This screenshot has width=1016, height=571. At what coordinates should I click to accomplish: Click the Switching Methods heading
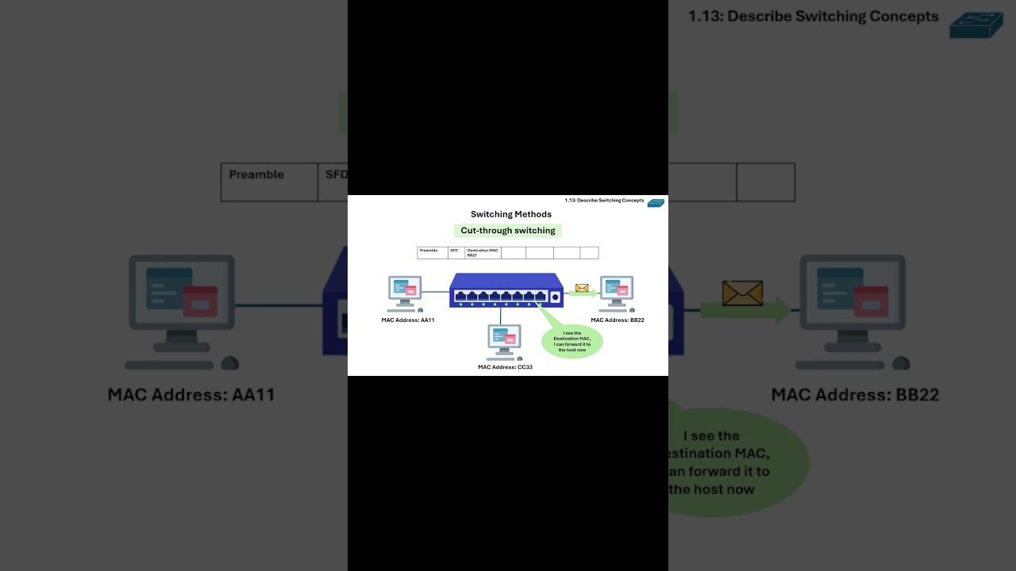pyautogui.click(x=510, y=214)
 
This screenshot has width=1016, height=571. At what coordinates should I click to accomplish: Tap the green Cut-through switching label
pyautogui.click(x=508, y=231)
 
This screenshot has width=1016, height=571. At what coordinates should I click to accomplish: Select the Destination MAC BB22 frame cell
pyautogui.click(x=483, y=252)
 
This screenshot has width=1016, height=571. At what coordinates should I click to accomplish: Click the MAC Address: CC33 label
pyautogui.click(x=505, y=367)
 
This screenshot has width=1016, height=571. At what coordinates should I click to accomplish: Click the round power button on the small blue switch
pyautogui.click(x=555, y=297)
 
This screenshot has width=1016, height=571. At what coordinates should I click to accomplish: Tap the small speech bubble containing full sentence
pyautogui.click(x=571, y=341)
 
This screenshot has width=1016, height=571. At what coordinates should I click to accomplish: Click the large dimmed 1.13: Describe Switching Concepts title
pyautogui.click(x=813, y=17)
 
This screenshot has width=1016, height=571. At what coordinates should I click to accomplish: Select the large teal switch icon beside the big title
pyautogui.click(x=976, y=25)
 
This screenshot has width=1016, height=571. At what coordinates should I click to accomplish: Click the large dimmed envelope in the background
pyautogui.click(x=742, y=293)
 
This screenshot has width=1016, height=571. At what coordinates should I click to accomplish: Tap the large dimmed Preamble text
pyautogui.click(x=256, y=174)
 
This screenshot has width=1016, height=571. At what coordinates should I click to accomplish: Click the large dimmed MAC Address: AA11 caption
pyautogui.click(x=191, y=394)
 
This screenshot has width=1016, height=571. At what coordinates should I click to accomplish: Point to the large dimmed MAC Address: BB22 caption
pyautogui.click(x=855, y=394)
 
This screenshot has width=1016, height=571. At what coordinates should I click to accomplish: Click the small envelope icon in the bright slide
pyautogui.click(x=582, y=288)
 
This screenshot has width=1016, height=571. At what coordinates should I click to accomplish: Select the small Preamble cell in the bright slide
pyautogui.click(x=432, y=252)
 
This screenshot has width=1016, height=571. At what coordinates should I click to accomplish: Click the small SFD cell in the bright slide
pyautogui.click(x=456, y=252)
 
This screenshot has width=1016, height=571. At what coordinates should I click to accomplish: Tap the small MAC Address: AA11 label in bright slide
pyautogui.click(x=408, y=320)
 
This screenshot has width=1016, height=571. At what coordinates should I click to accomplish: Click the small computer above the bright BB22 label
pyautogui.click(x=617, y=290)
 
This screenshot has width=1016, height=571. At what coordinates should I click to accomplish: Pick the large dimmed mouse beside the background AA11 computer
pyautogui.click(x=229, y=363)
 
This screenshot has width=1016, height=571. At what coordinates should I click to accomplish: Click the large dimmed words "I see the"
pyautogui.click(x=710, y=435)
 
